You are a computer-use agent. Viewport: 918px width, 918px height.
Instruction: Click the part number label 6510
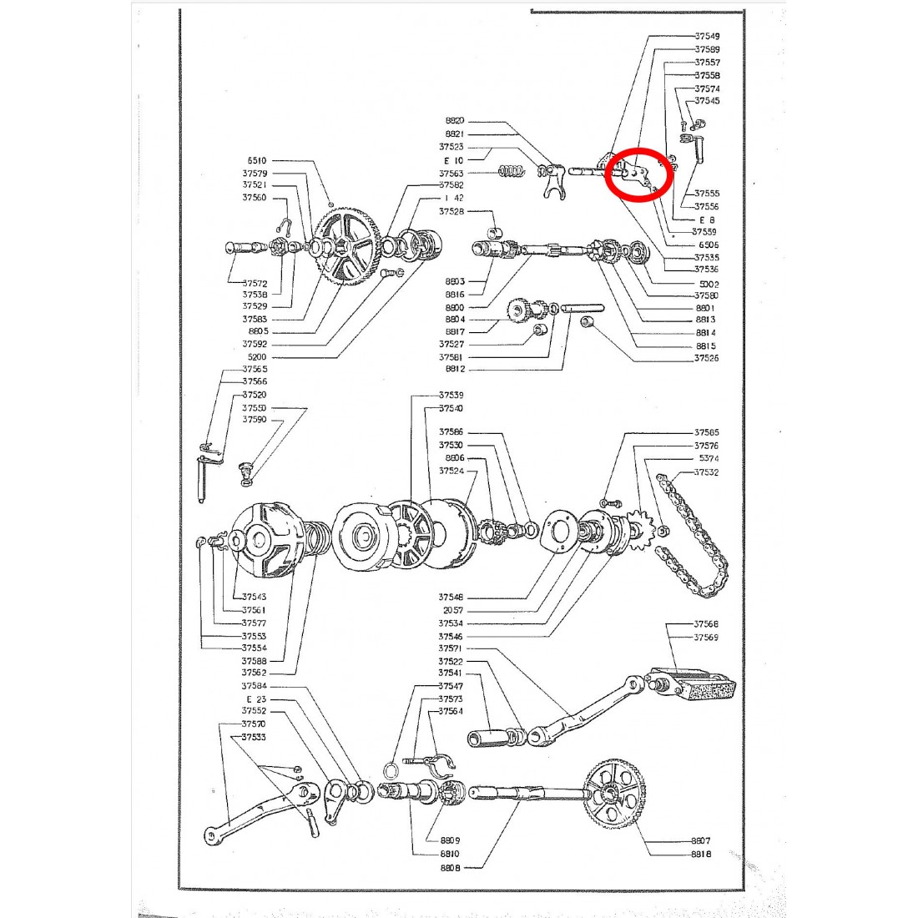pos(256,160)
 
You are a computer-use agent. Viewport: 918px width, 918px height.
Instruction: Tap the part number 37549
pos(707,36)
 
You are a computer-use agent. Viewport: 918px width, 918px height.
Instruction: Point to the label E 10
pos(453,160)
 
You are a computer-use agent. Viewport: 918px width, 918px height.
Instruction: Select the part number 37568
pos(706,624)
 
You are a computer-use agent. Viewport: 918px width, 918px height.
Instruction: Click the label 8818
pos(701,854)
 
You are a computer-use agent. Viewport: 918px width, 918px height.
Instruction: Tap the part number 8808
pos(450,867)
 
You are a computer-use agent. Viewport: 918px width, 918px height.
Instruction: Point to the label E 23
pos(255,699)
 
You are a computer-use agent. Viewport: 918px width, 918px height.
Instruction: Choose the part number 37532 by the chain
pos(706,472)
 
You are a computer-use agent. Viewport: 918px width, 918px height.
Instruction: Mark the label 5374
pos(708,459)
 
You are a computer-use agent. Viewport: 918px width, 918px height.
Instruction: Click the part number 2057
pos(453,611)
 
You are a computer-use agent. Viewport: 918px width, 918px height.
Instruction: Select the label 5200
pos(256,357)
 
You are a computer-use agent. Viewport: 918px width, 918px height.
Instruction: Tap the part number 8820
pos(455,120)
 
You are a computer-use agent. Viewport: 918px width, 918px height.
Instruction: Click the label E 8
pos(707,219)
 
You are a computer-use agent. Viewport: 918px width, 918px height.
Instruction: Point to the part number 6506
pos(708,245)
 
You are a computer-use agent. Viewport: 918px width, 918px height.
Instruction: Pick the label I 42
pos(454,198)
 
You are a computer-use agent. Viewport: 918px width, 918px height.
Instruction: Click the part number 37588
pos(254,661)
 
